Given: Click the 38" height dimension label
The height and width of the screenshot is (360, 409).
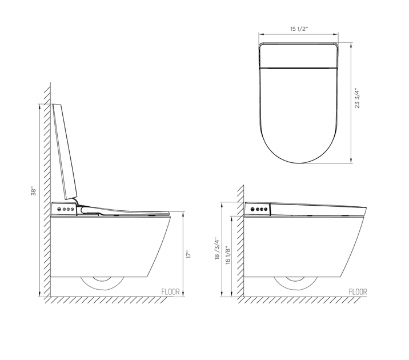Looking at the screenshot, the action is pyautogui.click(x=34, y=191).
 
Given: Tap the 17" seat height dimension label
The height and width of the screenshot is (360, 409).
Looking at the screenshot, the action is pyautogui.click(x=189, y=254).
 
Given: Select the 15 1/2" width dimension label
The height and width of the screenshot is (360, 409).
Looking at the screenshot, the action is pyautogui.click(x=299, y=29).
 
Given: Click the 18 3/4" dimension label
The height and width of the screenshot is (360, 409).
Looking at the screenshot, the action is pyautogui.click(x=217, y=248).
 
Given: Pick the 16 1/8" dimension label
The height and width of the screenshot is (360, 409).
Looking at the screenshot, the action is pyautogui.click(x=228, y=255).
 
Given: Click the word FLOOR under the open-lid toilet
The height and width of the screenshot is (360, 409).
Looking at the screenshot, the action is pyautogui.click(x=170, y=291).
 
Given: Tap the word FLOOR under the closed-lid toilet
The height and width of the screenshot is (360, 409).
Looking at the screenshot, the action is pyautogui.click(x=358, y=291).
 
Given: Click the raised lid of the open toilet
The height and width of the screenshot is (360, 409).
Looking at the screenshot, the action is pyautogui.click(x=65, y=151).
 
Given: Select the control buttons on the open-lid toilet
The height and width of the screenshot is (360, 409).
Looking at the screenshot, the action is pyautogui.click(x=66, y=209).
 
